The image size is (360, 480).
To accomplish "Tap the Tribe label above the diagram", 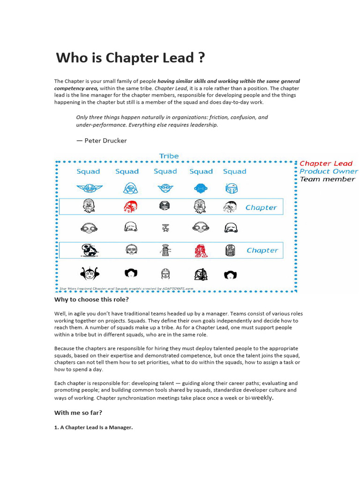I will [169, 156].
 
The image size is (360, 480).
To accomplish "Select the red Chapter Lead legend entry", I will [326, 164].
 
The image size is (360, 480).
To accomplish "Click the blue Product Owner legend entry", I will [329, 171].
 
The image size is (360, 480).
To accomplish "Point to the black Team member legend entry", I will [327, 179].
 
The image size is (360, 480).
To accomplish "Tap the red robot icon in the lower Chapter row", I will [201, 251].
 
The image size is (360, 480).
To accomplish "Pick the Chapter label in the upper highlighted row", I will [261, 208].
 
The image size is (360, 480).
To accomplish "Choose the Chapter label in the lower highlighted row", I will [262, 250].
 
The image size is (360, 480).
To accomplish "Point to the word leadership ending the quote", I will [203, 125].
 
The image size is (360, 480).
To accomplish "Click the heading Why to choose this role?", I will [91, 300].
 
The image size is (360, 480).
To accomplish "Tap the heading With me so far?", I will [78, 413].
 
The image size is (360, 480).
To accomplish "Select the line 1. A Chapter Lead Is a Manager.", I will [94, 427].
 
